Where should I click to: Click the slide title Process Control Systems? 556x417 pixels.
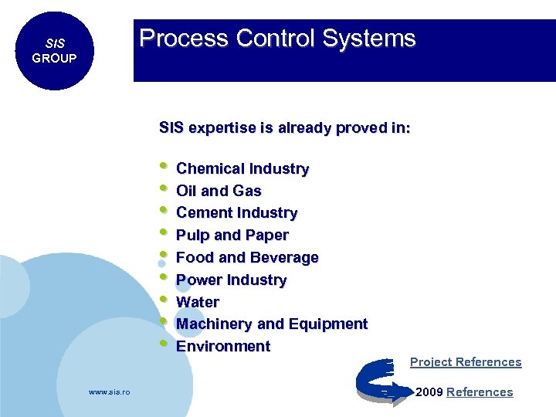click(x=277, y=39)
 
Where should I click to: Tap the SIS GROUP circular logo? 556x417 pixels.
click(x=54, y=51)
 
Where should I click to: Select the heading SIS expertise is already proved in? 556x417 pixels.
click(x=284, y=127)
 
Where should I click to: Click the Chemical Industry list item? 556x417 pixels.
click(x=242, y=168)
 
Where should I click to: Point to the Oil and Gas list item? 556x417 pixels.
click(x=219, y=191)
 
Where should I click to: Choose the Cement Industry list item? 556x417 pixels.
click(x=236, y=212)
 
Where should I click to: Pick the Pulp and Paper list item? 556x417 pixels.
click(x=232, y=235)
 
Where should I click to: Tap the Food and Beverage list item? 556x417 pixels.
click(x=247, y=257)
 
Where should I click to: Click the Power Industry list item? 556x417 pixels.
click(x=231, y=280)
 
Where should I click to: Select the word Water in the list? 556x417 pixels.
click(x=198, y=302)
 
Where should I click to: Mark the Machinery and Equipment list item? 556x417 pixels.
click(x=271, y=324)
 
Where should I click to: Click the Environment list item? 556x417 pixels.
click(x=223, y=346)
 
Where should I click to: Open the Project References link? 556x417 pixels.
click(x=466, y=362)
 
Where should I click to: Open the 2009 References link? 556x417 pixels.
click(x=479, y=392)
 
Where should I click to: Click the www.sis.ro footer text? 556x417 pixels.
click(x=110, y=392)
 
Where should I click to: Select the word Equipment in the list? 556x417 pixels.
click(x=330, y=324)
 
